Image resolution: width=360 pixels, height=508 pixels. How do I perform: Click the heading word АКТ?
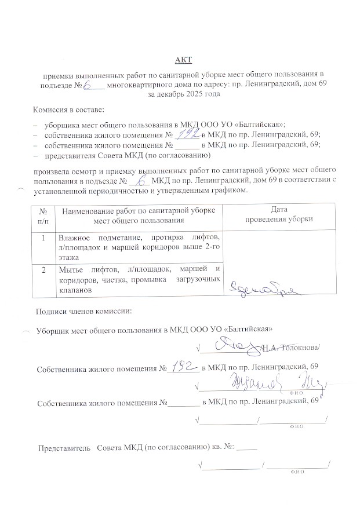pos(183,60)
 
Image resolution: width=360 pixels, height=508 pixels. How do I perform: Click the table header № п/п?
pos(43,215)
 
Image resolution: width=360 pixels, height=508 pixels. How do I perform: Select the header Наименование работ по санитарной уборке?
pos(139,210)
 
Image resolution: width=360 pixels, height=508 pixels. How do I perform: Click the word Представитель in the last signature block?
pos(64,448)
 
